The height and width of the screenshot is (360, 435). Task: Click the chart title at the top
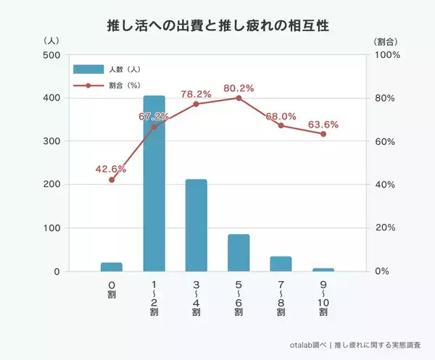click(217, 26)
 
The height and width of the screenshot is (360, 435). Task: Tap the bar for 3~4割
click(196, 225)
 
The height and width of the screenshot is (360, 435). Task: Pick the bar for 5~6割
click(239, 253)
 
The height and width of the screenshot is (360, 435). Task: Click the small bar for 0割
click(112, 267)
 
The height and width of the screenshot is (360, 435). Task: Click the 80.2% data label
click(239, 88)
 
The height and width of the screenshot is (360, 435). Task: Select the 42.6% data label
click(111, 169)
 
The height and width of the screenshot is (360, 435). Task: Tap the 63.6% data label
click(323, 125)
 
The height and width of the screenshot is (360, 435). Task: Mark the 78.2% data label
click(196, 94)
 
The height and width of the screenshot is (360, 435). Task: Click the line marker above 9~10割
click(323, 134)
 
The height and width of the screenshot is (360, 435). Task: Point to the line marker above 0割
click(112, 180)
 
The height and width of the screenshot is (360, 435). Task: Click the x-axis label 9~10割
click(323, 298)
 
